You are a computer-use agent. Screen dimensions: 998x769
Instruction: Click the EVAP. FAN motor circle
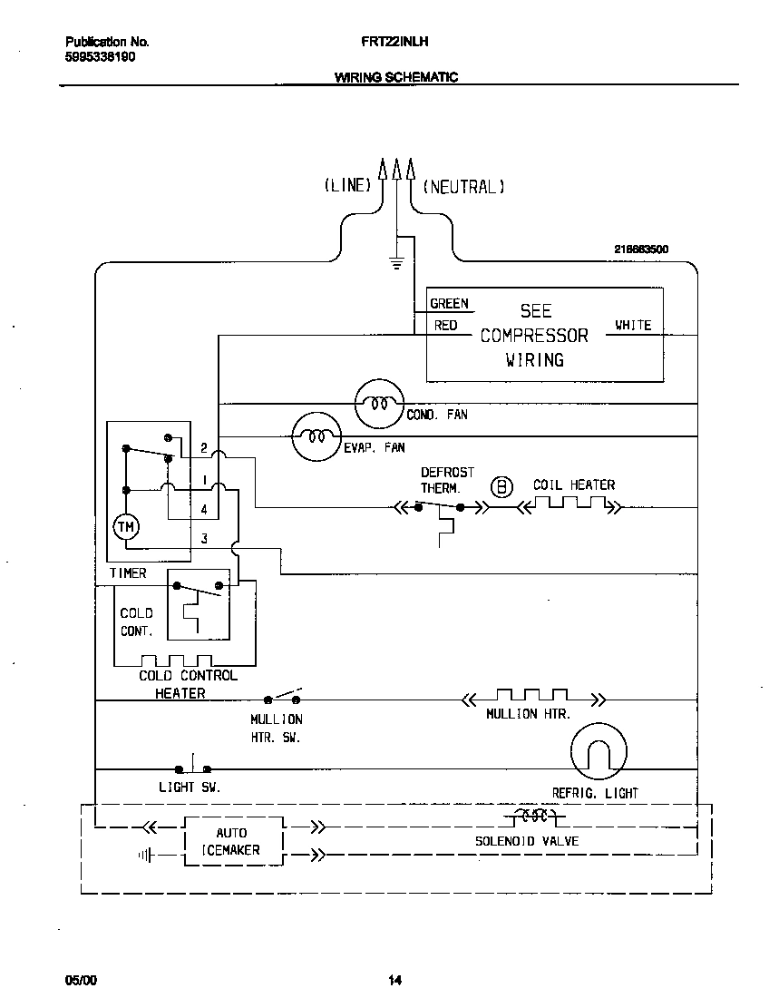pos(316,436)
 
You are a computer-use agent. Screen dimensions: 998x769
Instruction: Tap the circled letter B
pos(501,486)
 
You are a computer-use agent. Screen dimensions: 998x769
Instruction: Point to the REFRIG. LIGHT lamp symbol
pos(599,752)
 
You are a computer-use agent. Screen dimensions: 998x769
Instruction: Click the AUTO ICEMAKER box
pos(232,842)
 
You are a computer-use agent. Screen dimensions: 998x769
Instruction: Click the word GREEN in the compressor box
pos(450,304)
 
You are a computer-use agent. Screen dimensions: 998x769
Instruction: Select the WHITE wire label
pos(633,325)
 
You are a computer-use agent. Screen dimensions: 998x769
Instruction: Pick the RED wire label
pos(446,325)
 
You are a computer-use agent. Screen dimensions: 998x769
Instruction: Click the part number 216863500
pos(641,249)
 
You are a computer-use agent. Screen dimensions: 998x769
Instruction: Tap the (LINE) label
pos(348,186)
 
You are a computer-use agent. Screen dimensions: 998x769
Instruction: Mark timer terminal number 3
pos(204,538)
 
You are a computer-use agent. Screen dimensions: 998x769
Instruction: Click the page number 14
pos(394,980)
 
